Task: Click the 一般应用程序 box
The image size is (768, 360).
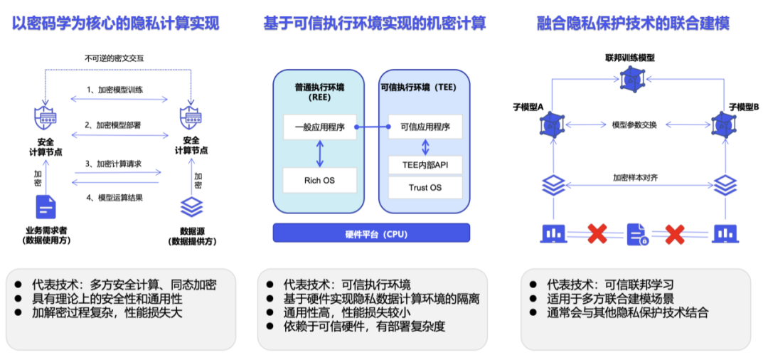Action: coord(319,127)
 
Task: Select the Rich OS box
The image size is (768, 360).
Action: coord(319,180)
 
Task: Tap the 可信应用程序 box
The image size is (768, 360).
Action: coord(425,127)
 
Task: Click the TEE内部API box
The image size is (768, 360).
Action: coord(425,166)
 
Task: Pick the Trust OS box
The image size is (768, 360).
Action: coord(425,188)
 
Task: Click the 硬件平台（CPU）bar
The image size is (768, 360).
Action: coord(372,233)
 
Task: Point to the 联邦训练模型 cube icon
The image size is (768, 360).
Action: coord(630,80)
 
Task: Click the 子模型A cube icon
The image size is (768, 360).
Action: coord(550,125)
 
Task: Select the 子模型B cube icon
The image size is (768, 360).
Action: coord(724,125)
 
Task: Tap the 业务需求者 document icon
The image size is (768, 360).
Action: coord(46,207)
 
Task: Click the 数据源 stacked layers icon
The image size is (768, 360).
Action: coord(191,207)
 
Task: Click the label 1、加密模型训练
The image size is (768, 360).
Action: coord(115,90)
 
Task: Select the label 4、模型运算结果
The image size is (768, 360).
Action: coord(115,197)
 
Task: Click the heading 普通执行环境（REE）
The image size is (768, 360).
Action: coord(319,92)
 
